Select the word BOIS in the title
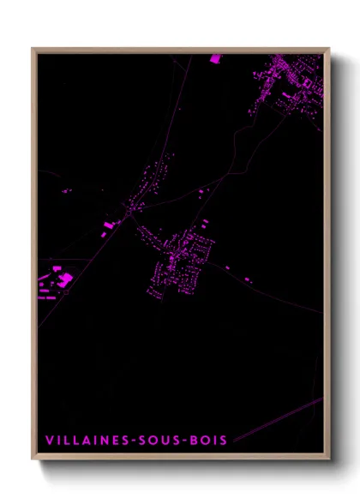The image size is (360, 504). click(x=207, y=441)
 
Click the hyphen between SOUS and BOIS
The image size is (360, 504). click(x=185, y=441)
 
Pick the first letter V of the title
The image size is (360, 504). click(x=48, y=441)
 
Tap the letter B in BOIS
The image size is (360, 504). click(x=195, y=441)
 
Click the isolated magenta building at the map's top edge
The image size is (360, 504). click(x=214, y=58)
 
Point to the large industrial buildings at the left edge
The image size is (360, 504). click(x=57, y=280)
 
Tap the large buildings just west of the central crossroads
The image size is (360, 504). click(x=109, y=226)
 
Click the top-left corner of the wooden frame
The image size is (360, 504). click(x=33, y=49)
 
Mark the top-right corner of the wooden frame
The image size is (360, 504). click(x=328, y=49)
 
